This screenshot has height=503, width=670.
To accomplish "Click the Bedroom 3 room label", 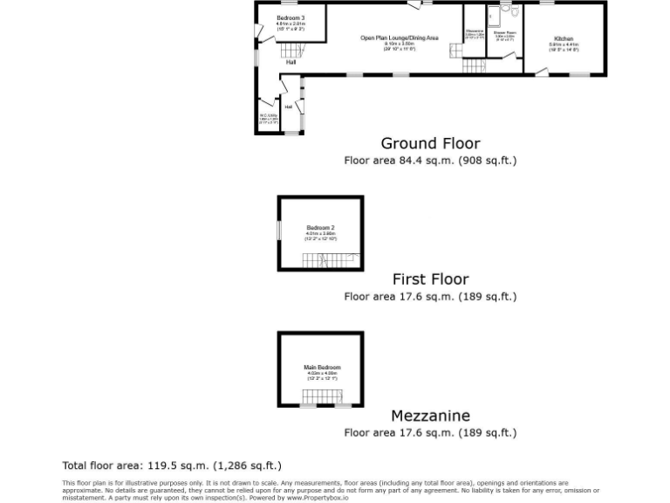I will coord(291,18).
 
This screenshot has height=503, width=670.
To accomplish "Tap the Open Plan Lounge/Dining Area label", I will coord(400,38).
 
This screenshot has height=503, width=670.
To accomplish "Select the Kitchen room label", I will coord(564,38).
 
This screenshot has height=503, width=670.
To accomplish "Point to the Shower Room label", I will coord(505,32).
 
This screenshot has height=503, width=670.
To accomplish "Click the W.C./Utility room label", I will coord(268,115).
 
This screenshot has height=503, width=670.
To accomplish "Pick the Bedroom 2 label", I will coord(320,228).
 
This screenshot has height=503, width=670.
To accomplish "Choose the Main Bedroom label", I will coord(322,368).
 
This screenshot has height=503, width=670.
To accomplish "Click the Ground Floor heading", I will coord(430,143).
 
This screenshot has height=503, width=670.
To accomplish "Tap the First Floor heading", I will coord(430,279).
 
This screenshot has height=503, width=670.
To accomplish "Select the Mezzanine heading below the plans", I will coord(430,416).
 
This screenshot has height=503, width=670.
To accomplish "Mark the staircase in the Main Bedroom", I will coord(322,396).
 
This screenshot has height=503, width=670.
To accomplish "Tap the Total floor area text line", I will coord(171,465).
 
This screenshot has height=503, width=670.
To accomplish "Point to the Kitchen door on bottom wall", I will coord(543,72).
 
